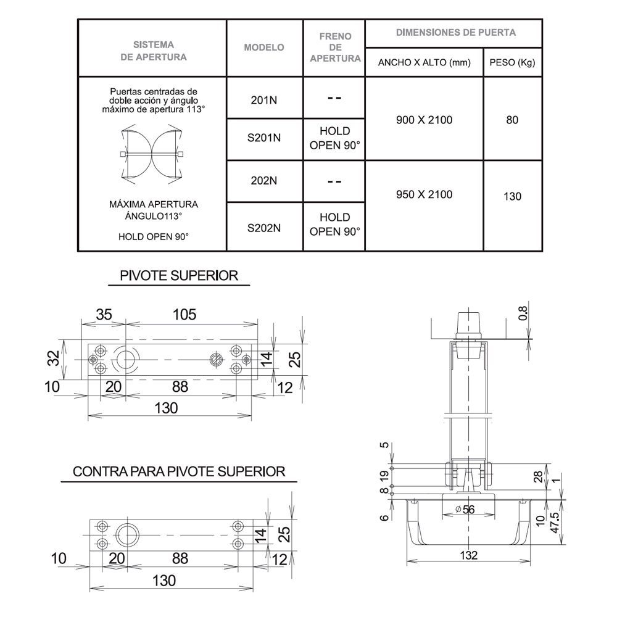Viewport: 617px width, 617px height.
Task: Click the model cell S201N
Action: click(x=264, y=138)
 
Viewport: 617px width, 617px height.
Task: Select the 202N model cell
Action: click(x=264, y=181)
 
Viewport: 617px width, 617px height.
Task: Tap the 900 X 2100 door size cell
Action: click(x=424, y=120)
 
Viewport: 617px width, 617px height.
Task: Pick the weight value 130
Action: click(x=512, y=196)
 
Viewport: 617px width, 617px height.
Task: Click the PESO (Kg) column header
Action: click(x=512, y=62)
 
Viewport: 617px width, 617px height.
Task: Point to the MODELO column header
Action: click(x=264, y=48)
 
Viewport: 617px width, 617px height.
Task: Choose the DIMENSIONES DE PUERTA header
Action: click(x=456, y=33)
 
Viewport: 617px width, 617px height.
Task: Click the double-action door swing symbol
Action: click(x=152, y=154)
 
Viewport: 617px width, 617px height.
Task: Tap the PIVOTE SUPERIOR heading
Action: click(x=179, y=275)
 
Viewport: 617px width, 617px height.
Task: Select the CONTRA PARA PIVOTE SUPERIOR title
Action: click(x=179, y=471)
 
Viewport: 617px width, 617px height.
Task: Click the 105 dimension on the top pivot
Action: click(x=184, y=315)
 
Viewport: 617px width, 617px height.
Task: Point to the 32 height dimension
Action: click(x=54, y=358)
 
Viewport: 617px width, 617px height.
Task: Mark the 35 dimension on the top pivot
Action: click(x=104, y=315)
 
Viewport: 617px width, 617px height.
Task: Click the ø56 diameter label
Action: click(x=465, y=510)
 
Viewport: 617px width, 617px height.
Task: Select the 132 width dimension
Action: click(x=469, y=555)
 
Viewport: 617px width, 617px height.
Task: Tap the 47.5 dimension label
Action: click(x=555, y=523)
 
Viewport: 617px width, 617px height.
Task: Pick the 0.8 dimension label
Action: click(x=523, y=313)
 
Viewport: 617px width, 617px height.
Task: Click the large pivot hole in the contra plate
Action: click(x=127, y=535)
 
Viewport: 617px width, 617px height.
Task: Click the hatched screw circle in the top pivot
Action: click(x=216, y=360)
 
